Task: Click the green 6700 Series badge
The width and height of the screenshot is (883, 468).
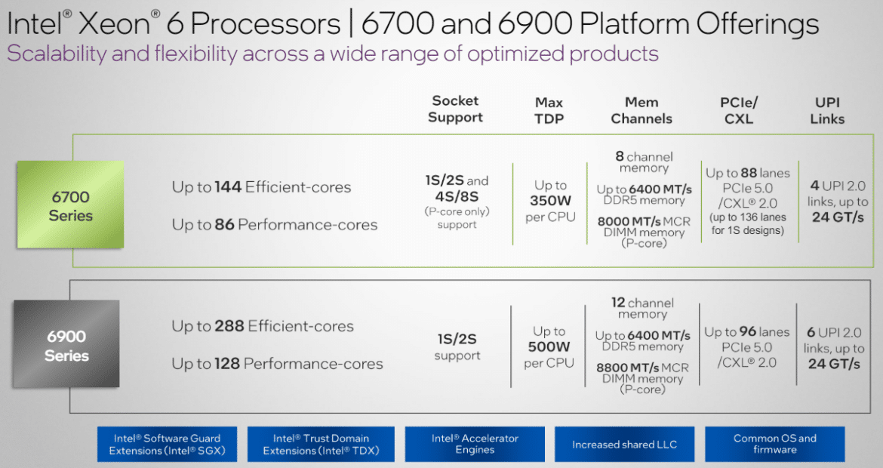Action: tap(70, 205)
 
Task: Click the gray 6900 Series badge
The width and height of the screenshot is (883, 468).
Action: tap(66, 345)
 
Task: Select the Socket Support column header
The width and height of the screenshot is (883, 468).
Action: tap(455, 109)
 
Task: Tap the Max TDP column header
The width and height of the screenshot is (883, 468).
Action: tap(549, 110)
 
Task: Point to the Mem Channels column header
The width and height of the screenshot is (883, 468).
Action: tap(641, 110)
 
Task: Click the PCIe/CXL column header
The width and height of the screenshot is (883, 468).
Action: tap(739, 110)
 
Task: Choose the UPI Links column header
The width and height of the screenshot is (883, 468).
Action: tap(827, 110)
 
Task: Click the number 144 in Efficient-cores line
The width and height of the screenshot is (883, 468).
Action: tap(229, 187)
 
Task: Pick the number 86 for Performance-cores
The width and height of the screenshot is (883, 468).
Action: tap(225, 225)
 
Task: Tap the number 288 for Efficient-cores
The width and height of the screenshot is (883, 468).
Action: tap(229, 327)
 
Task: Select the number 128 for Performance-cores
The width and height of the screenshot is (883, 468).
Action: tap(228, 364)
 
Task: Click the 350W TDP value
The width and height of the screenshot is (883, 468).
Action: tap(550, 202)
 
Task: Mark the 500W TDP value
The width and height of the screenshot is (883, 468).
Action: tap(549, 347)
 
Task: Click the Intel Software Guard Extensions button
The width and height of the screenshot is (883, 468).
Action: tap(167, 445)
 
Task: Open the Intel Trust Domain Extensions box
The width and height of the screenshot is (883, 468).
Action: tap(321, 445)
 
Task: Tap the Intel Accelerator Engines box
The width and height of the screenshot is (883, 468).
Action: tap(475, 444)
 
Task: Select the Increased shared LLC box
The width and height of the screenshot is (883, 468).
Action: tap(624, 445)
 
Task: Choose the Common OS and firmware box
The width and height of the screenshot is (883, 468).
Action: tap(774, 444)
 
